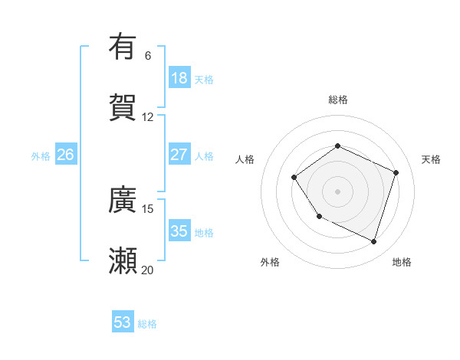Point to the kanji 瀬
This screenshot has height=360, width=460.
(123, 260)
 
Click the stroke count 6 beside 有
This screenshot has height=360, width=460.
(148, 55)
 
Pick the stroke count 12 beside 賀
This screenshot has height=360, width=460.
(148, 116)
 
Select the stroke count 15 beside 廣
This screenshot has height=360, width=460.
(148, 208)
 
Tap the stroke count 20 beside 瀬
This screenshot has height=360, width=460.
(148, 270)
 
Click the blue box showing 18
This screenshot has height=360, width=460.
(179, 78)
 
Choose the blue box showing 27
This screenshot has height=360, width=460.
(179, 155)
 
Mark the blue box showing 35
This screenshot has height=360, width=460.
(179, 231)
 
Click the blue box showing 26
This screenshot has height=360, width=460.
(65, 155)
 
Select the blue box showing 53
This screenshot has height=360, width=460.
(123, 322)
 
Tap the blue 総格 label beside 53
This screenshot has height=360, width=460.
(147, 324)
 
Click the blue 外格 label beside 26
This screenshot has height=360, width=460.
(41, 156)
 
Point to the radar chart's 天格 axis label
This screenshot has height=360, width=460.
(431, 159)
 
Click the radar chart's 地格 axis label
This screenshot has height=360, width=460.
(402, 262)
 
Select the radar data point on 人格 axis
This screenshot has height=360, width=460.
(294, 178)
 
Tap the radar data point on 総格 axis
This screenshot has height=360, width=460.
(337, 146)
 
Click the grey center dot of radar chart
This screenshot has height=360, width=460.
(337, 191)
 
